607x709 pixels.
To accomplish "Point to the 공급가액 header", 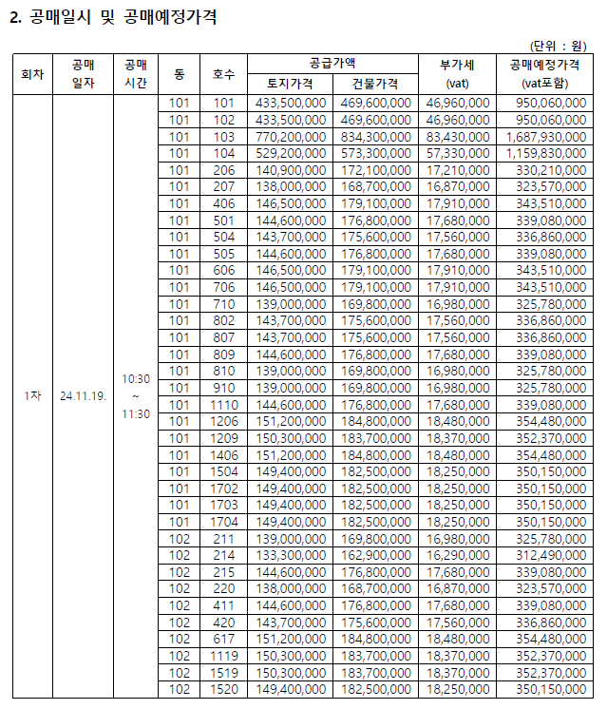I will click(332, 64).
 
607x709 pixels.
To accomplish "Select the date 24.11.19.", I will click(83, 394).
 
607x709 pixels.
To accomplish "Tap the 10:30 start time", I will click(135, 379).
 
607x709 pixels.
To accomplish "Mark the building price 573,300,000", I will click(375, 153).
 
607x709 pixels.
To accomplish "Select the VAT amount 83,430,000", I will click(458, 137).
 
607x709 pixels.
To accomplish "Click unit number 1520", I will click(223, 689).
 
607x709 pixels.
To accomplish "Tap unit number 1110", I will click(223, 404).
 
